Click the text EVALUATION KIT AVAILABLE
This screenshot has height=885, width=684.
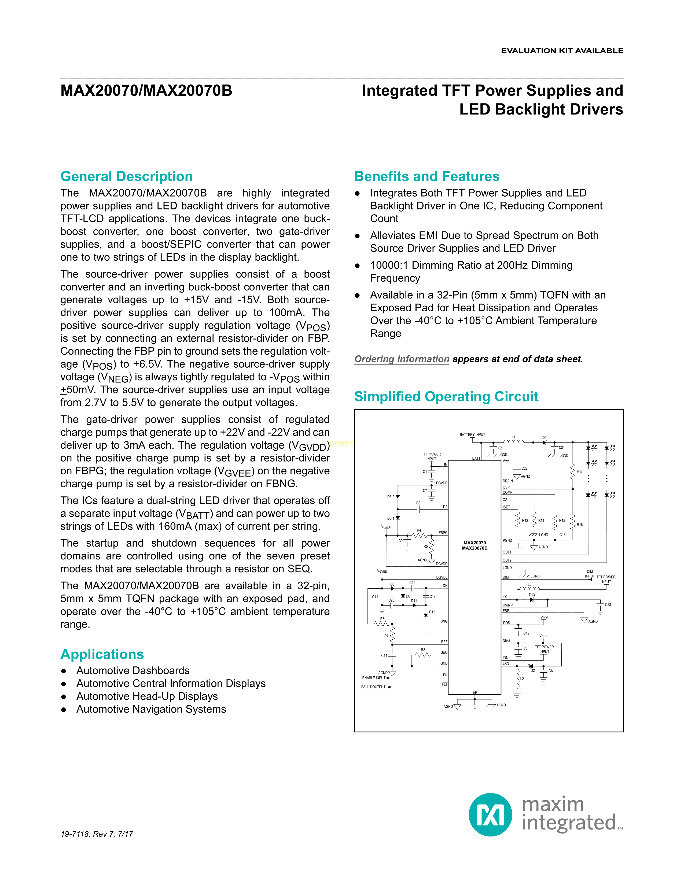pos(562,51)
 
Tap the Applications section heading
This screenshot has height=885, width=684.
pos(102,654)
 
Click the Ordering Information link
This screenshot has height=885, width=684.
pos(402,359)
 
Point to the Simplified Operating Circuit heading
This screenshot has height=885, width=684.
pos(446,396)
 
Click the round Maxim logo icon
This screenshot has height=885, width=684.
pos(490,814)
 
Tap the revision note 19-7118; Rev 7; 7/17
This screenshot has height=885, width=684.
pos(97,834)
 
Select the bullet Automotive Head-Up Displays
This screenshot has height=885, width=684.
pos(147,696)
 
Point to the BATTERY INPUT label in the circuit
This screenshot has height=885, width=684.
pos(472,434)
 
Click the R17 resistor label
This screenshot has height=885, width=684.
pos(579,471)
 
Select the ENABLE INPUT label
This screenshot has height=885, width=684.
pos(374,677)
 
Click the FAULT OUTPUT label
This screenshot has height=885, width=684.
pos(373,687)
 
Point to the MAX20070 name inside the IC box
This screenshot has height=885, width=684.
pos(475,543)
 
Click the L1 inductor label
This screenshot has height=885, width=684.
pos(513,437)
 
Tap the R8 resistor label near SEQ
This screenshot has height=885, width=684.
pos(423,650)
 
